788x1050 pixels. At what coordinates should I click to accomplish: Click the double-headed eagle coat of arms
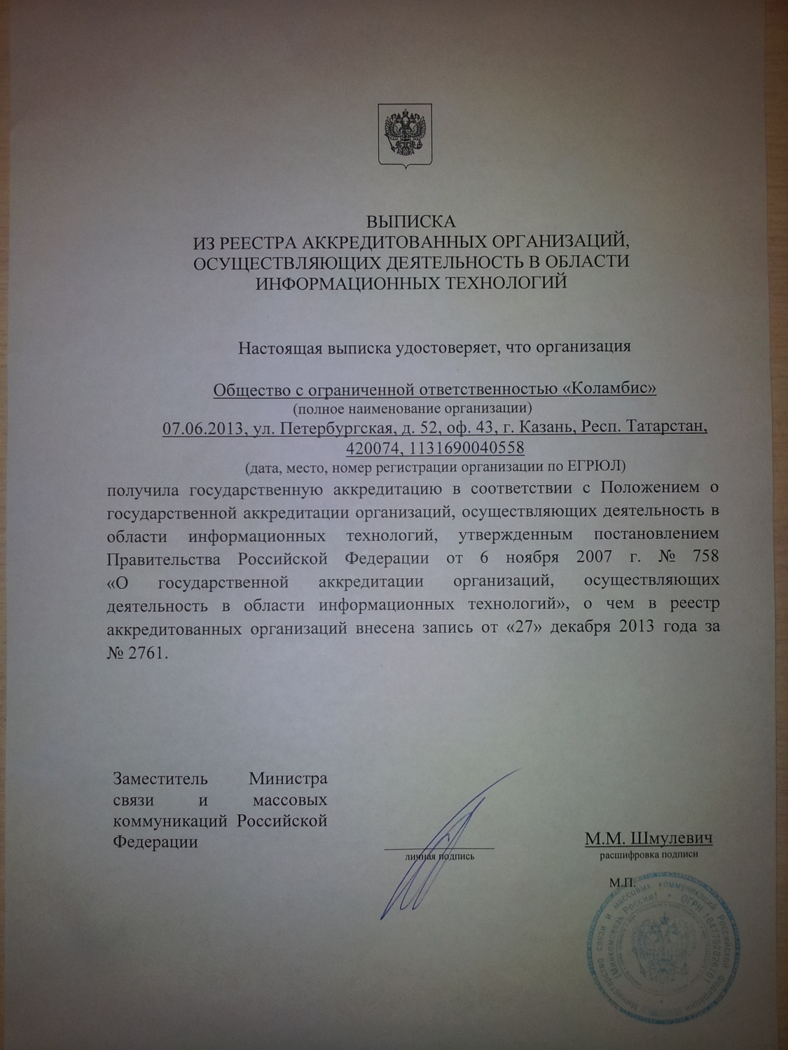click(405, 135)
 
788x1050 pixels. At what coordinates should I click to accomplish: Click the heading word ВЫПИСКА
click(412, 222)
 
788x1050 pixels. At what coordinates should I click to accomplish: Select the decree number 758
click(704, 558)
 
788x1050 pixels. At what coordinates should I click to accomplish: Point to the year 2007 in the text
click(598, 558)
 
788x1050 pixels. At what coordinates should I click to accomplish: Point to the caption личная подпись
click(439, 855)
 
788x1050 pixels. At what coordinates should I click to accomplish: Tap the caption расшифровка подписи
click(649, 855)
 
